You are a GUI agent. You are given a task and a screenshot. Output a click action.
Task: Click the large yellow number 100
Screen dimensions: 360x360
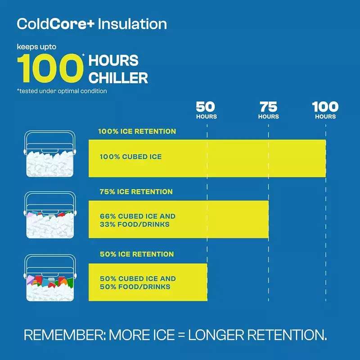[x=50, y=68]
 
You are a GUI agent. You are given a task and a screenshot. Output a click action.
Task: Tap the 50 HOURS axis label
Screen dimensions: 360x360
[x=206, y=110]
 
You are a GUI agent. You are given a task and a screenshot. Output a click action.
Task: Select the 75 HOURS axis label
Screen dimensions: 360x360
[x=268, y=110]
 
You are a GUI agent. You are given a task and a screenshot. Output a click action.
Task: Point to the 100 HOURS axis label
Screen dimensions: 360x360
[x=325, y=110]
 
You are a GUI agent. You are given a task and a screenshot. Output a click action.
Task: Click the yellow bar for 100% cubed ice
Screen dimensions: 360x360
[x=207, y=158]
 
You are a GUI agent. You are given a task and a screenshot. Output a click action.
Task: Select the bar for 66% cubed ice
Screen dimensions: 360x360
[x=179, y=219]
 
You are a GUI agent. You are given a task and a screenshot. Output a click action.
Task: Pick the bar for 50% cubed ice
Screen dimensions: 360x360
[x=148, y=282]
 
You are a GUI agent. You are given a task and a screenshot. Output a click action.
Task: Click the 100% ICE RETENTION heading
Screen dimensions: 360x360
[x=137, y=131]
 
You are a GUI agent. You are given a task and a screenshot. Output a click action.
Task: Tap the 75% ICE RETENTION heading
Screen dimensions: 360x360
[x=136, y=192]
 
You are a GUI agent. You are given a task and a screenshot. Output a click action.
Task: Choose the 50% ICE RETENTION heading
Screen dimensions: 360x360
[x=137, y=254]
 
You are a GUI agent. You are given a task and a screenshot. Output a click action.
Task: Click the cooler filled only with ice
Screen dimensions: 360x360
[x=50, y=154]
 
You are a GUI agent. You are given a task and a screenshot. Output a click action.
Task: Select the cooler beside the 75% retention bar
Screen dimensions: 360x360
[x=50, y=215]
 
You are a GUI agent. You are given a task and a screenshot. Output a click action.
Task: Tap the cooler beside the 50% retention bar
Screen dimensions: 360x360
[x=50, y=278]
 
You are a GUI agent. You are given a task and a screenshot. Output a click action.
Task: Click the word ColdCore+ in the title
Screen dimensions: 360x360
[x=56, y=24]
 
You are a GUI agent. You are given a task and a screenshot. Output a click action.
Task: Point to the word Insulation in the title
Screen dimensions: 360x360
[x=132, y=24]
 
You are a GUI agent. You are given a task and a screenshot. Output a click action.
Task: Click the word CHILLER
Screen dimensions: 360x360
[x=118, y=78]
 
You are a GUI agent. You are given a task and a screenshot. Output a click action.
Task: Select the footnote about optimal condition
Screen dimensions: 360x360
[x=62, y=91]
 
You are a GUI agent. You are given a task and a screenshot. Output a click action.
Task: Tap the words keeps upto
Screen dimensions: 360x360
[x=36, y=47]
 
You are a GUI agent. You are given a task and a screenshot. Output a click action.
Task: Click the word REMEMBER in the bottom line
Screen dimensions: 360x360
[x=64, y=335]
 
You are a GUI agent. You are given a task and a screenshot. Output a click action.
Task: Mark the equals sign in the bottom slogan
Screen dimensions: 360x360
[x=181, y=335]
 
